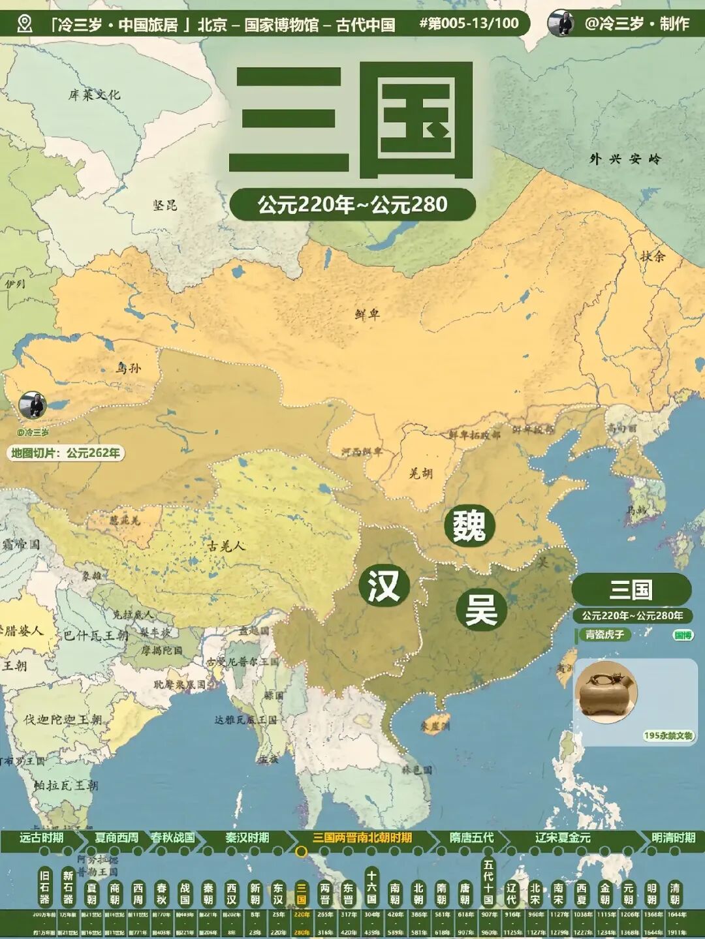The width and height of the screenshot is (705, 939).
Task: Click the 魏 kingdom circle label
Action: coord(469,526)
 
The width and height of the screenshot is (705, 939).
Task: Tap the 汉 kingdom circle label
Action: coord(384,585)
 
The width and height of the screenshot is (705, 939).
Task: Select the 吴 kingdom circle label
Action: coord(481,610)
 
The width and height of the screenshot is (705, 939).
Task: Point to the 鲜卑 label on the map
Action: coord(368,315)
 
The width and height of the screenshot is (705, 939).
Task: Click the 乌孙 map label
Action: coord(129,368)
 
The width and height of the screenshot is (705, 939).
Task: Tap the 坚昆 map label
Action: coord(165,205)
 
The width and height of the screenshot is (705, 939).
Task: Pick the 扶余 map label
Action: coord(652,256)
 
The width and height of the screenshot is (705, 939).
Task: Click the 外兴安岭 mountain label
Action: coord(625,159)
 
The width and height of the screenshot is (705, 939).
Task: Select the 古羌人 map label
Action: coord(227,546)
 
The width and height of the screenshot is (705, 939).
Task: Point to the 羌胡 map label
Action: coord(420,473)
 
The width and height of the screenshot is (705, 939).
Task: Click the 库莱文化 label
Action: coord(95,95)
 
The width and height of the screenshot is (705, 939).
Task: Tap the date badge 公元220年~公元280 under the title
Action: coord(352,205)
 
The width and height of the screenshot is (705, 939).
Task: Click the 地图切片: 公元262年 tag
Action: coord(66,453)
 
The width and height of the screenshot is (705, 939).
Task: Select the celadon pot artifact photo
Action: coord(606,692)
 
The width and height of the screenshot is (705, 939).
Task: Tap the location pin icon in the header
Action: coord(25,24)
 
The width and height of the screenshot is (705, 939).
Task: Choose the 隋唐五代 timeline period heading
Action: coord(471,838)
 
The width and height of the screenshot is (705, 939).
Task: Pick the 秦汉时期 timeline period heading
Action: coord(247,838)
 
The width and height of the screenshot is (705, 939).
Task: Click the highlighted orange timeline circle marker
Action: coord(301,851)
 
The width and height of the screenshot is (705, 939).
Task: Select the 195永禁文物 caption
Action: coord(668,735)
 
